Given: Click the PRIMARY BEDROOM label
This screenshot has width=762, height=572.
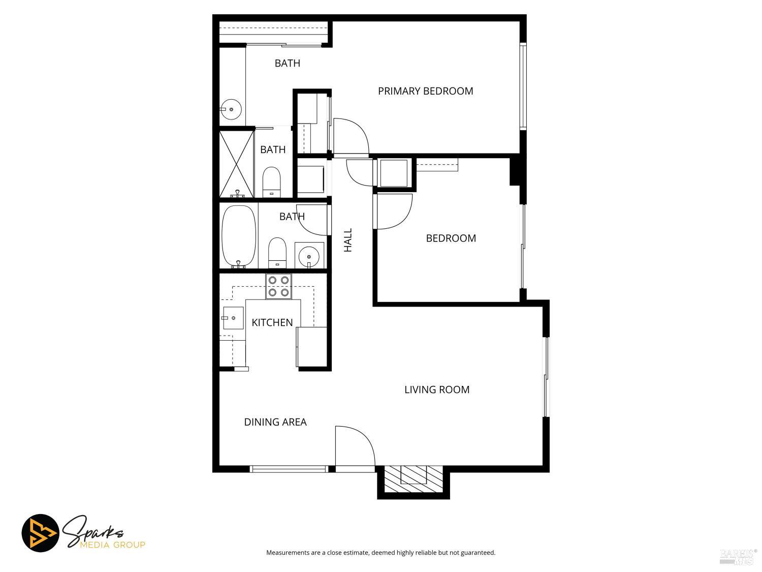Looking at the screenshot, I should pyautogui.click(x=425, y=91).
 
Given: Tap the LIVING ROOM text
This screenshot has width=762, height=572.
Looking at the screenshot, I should pyautogui.click(x=437, y=389).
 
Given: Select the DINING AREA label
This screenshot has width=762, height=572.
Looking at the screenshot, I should pyautogui.click(x=275, y=422).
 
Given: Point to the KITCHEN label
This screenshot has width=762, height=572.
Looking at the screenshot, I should pyautogui.click(x=272, y=322).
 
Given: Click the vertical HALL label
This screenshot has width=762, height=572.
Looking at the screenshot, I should pyautogui.click(x=348, y=240).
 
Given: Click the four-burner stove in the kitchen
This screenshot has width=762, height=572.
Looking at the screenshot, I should pyautogui.click(x=278, y=286).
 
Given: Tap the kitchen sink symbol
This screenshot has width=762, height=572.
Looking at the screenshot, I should pyautogui.click(x=233, y=318).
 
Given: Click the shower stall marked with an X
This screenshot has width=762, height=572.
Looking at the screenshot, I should pyautogui.click(x=236, y=163).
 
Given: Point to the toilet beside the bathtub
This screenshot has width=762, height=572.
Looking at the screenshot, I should pyautogui.click(x=277, y=252).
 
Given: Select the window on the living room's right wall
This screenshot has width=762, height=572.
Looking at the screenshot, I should pyautogui.click(x=546, y=377).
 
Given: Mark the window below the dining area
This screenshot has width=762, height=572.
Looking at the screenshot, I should pyautogui.click(x=289, y=469).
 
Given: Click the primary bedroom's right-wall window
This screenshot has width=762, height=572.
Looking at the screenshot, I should pyautogui.click(x=523, y=86).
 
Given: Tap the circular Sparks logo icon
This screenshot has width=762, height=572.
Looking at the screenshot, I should pyautogui.click(x=40, y=533).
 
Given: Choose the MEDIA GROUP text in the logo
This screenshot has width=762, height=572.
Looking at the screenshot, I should pyautogui.click(x=112, y=545).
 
